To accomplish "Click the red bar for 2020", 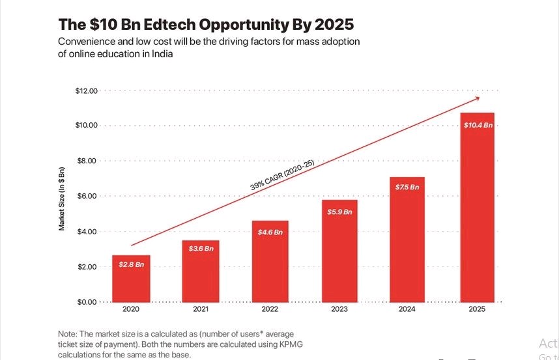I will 132,279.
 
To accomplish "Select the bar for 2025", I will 478,208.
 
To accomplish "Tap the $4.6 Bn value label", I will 270,232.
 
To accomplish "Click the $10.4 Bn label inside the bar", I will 478,124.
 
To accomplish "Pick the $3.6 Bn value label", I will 201,249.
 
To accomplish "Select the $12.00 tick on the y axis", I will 86,90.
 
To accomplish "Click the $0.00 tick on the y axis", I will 87,302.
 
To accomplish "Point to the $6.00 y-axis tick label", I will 87,196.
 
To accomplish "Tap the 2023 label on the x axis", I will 339,310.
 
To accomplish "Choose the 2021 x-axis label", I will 201,310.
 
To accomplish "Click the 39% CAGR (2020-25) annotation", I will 281,175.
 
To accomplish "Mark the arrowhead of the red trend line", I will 476,98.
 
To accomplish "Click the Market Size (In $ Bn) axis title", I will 62,198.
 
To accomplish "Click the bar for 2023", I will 339,251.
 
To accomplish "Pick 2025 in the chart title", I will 334,25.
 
